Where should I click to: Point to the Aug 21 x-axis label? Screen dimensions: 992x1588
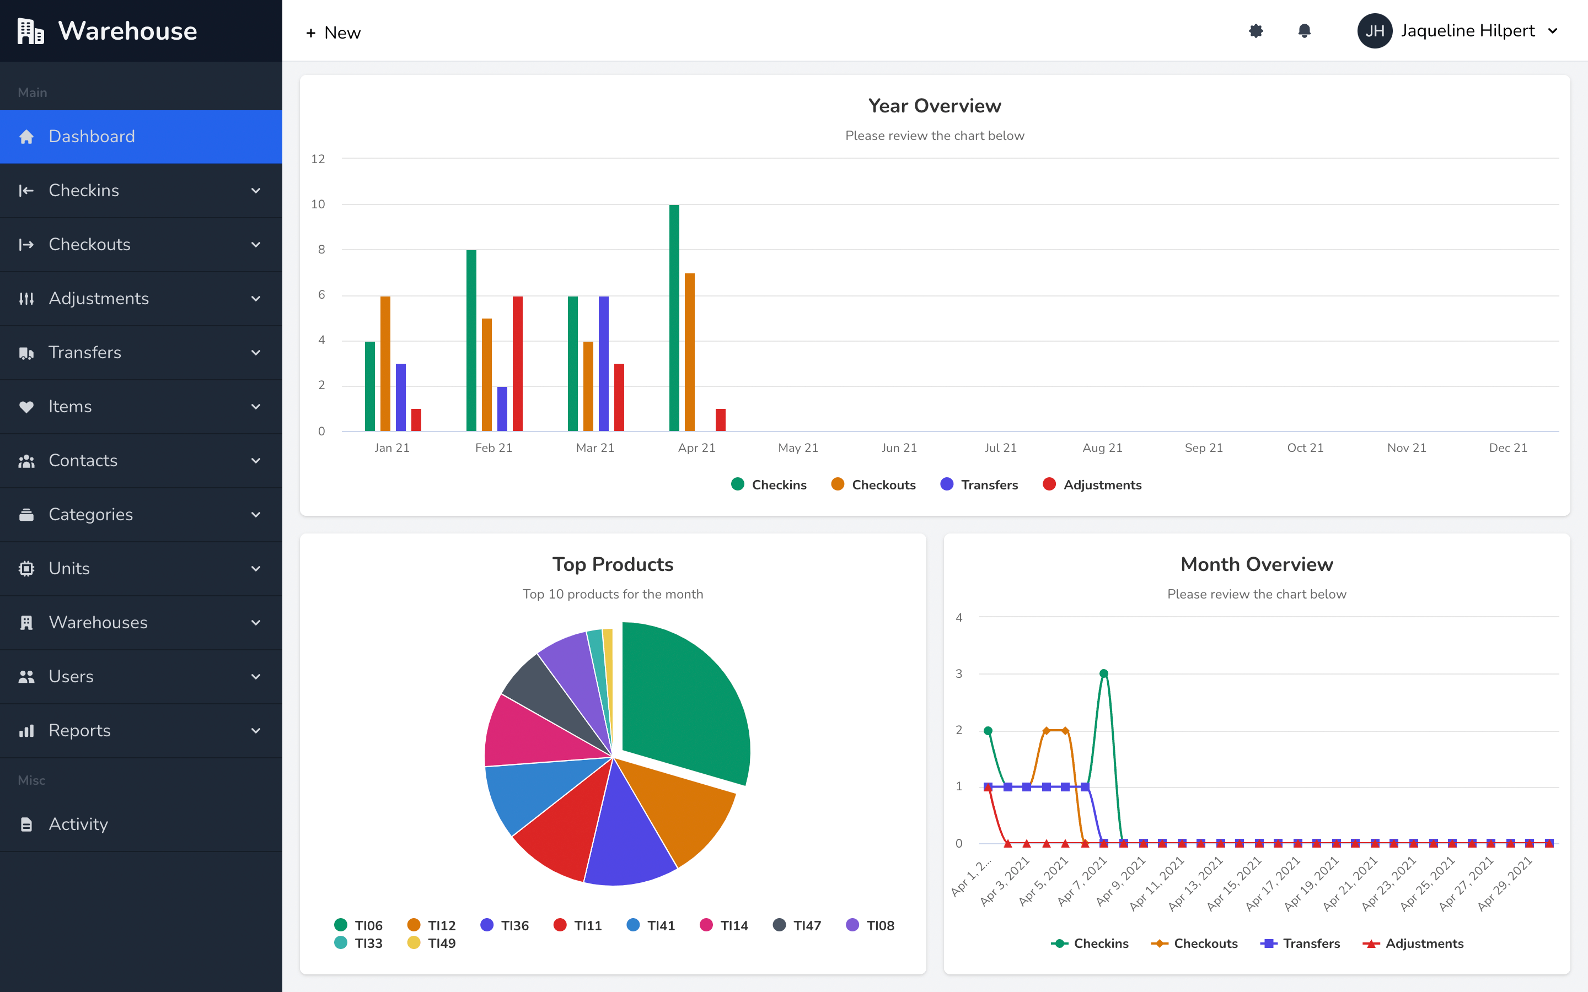coord(1102,448)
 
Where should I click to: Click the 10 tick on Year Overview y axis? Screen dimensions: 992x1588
coord(318,204)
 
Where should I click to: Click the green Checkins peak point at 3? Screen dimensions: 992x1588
coord(1104,673)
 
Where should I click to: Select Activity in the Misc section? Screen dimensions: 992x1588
coord(79,824)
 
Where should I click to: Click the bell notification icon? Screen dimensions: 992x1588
coord(1305,31)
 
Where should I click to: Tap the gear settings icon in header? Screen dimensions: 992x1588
coord(1256,31)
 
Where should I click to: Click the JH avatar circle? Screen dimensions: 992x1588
coord(1375,31)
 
